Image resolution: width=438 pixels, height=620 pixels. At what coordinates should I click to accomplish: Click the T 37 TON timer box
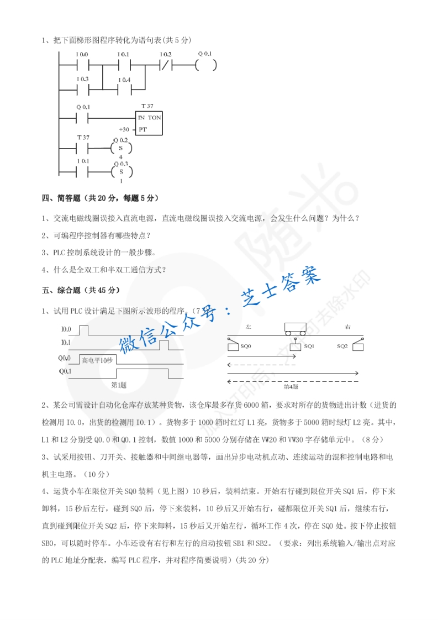pyautogui.click(x=149, y=123)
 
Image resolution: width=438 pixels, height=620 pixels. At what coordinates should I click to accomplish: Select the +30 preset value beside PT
pyautogui.click(x=124, y=129)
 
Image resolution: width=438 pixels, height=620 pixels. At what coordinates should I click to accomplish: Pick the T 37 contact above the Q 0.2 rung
pyautogui.click(x=82, y=149)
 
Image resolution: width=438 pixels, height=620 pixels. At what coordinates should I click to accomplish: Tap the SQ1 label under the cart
pyautogui.click(x=309, y=346)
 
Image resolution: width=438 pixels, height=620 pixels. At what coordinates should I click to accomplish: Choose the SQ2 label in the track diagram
pyautogui.click(x=342, y=346)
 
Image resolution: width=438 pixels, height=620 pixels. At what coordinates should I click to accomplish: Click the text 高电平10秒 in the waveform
pyautogui.click(x=97, y=361)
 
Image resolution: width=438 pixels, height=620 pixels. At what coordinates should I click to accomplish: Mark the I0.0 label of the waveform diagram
pyautogui.click(x=65, y=329)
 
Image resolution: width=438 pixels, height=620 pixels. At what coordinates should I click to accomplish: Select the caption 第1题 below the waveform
pyautogui.click(x=119, y=385)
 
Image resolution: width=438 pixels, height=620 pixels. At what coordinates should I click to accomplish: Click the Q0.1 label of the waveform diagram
pyautogui.click(x=65, y=371)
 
